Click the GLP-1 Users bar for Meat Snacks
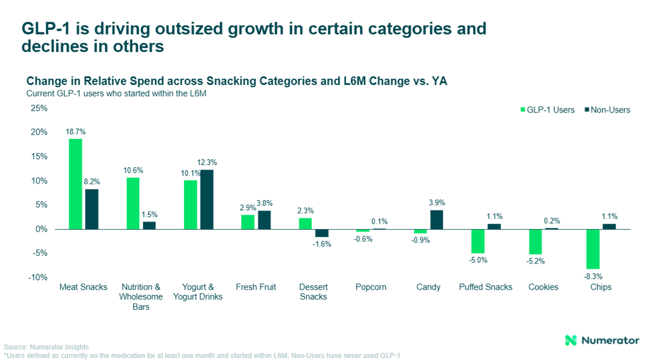(x=76, y=184)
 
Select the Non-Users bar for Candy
(x=437, y=220)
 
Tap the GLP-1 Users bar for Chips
(x=593, y=249)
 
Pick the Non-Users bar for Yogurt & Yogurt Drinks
(x=207, y=199)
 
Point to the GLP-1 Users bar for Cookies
(x=535, y=242)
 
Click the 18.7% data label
(x=76, y=132)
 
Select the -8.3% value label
(x=593, y=276)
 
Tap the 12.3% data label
(x=208, y=163)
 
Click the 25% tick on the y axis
(x=39, y=108)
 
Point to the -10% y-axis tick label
(x=38, y=277)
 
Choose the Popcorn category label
(x=371, y=287)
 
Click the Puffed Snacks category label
(x=485, y=287)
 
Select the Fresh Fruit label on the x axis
(x=256, y=287)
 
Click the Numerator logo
(x=602, y=340)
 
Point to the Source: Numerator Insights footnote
(x=46, y=347)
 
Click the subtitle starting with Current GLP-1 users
(x=116, y=93)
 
